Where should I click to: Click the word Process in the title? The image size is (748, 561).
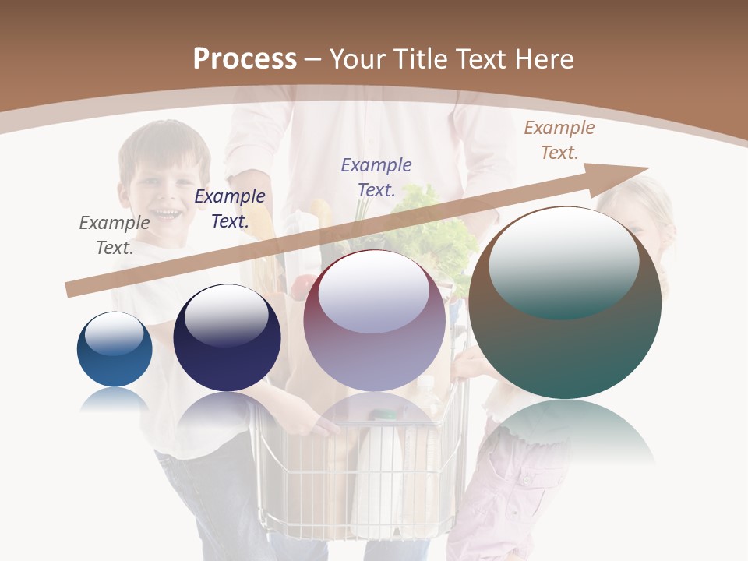(245, 59)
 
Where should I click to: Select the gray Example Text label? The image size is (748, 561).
(115, 235)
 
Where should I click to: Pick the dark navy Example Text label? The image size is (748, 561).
(230, 209)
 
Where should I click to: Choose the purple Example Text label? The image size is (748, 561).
(376, 177)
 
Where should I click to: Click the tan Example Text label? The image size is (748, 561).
(559, 140)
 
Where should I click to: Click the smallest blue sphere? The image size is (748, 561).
(115, 350)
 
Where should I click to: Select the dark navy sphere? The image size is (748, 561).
(227, 338)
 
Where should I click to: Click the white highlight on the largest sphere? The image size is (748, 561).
(563, 261)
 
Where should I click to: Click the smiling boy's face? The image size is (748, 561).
(164, 191)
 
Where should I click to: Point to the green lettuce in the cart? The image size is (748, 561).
(433, 226)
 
